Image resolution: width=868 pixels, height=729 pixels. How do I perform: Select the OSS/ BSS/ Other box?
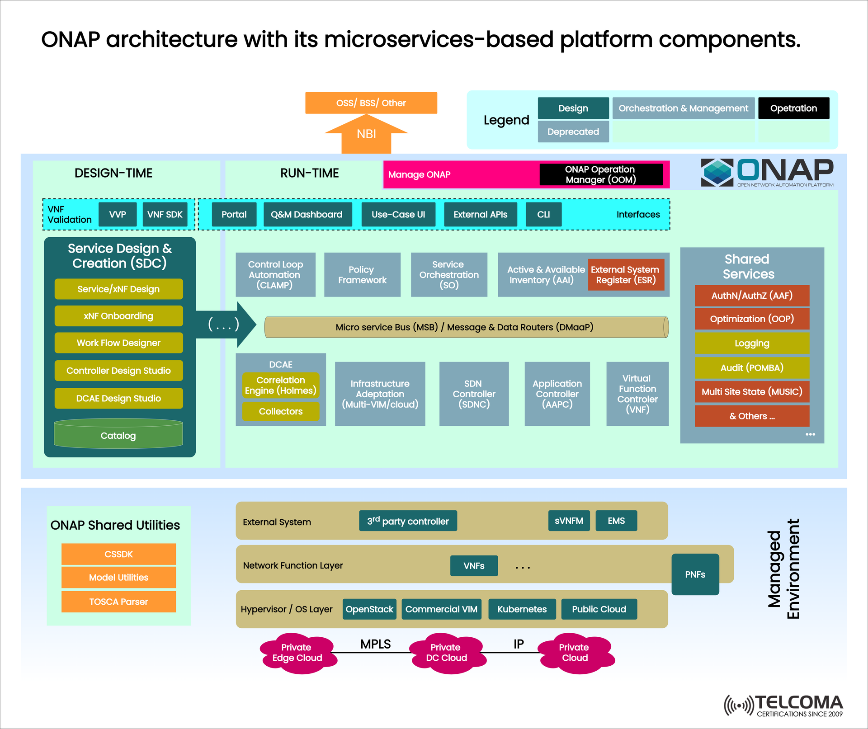click(x=371, y=103)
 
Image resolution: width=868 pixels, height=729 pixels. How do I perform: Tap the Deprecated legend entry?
click(x=573, y=132)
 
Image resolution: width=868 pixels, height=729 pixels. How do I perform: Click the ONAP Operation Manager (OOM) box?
click(x=600, y=174)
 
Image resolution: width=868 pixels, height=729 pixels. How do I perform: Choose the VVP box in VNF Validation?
click(x=118, y=214)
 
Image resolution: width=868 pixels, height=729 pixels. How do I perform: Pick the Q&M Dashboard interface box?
click(x=307, y=214)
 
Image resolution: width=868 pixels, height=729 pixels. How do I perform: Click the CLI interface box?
click(x=543, y=214)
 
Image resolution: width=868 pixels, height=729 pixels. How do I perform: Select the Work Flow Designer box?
click(x=118, y=343)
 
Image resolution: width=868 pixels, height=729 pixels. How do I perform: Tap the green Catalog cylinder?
click(x=118, y=435)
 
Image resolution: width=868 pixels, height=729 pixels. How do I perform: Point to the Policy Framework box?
click(x=362, y=275)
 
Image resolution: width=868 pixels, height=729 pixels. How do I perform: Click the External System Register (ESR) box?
click(x=626, y=275)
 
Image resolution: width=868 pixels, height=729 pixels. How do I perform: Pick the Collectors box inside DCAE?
click(x=280, y=411)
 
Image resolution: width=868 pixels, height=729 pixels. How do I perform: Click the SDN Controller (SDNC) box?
click(x=474, y=394)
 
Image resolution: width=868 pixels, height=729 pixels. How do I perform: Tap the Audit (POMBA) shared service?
click(x=751, y=367)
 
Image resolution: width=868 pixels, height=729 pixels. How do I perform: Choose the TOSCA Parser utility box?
click(x=118, y=602)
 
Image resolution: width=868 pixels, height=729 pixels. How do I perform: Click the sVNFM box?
click(x=569, y=521)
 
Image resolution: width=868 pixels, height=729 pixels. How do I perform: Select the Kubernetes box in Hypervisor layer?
click(x=522, y=609)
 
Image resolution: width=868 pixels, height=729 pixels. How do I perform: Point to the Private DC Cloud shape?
click(x=447, y=653)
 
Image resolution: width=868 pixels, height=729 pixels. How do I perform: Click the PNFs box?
click(x=695, y=574)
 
